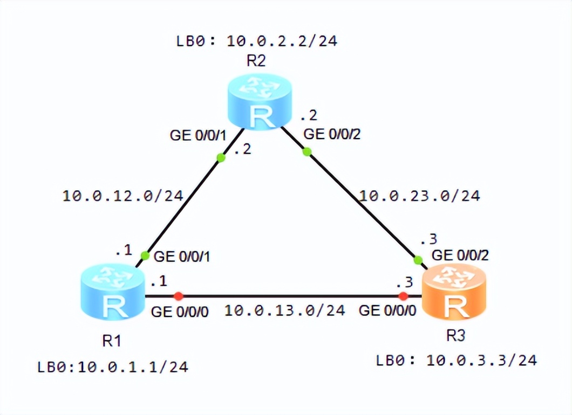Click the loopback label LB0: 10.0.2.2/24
[x=257, y=40]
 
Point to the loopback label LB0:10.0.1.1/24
[x=113, y=368]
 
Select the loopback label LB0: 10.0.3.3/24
[x=457, y=361]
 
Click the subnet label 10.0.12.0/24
[x=123, y=196]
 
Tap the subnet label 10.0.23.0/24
[x=420, y=196]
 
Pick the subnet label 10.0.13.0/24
[x=284, y=310]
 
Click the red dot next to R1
[x=179, y=296]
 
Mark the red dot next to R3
[x=403, y=296]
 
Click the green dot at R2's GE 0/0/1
[x=221, y=158]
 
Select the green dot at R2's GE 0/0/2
[x=307, y=152]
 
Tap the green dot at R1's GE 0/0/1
[x=145, y=255]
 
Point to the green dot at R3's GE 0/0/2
[x=418, y=261]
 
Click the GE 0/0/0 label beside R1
[x=180, y=311]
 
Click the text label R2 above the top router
[x=255, y=61]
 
